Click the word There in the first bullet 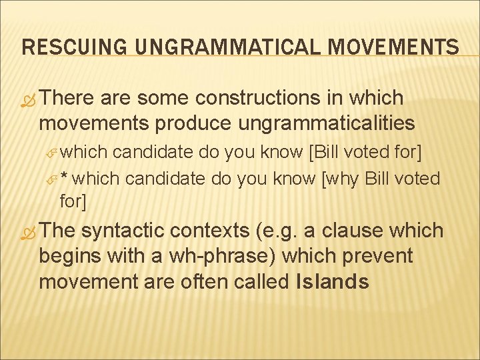70,98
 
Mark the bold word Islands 331,281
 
